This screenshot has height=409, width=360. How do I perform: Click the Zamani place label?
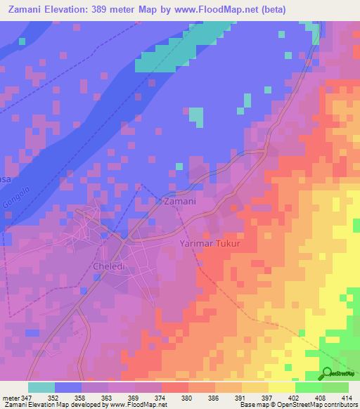(179, 202)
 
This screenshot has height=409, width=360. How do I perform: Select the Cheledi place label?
(108, 266)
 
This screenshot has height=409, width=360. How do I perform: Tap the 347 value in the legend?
(27, 398)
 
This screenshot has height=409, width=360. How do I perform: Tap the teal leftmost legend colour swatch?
(41, 387)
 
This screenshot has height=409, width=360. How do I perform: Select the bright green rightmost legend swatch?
(335, 387)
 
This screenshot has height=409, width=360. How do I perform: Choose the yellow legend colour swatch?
(281, 387)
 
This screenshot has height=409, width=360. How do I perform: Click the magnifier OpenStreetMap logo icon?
(327, 373)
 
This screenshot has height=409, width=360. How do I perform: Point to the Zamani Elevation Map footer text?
(42, 405)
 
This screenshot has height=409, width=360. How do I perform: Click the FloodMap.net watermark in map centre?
(179, 210)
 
